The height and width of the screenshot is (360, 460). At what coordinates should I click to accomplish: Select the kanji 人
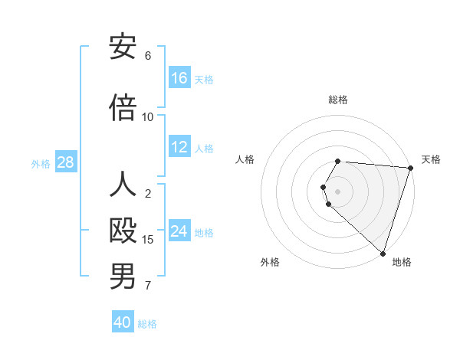tap(123, 185)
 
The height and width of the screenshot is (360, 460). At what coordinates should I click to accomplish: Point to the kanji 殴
tap(123, 231)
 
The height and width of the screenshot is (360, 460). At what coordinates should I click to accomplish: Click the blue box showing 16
tap(179, 77)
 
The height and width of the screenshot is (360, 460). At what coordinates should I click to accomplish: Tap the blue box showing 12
tap(179, 147)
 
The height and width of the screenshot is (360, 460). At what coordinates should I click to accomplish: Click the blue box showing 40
tap(123, 322)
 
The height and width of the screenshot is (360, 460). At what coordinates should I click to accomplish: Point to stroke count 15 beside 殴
tap(148, 240)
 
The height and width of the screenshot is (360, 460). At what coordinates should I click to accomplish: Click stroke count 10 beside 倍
tap(148, 116)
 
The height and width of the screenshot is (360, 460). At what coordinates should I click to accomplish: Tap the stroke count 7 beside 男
tap(148, 286)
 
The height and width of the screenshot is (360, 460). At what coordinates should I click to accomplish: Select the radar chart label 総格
tap(338, 100)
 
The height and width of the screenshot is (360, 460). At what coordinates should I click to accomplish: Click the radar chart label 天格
tap(431, 159)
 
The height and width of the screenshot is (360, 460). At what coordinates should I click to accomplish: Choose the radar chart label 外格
tap(270, 262)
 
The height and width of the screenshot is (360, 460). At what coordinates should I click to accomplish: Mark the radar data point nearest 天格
tap(410, 168)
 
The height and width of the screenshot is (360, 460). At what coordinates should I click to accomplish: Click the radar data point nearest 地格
tap(383, 252)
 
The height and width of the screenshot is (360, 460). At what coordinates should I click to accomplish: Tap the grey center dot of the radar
tap(338, 191)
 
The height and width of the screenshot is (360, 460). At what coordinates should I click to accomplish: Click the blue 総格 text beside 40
tap(147, 324)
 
